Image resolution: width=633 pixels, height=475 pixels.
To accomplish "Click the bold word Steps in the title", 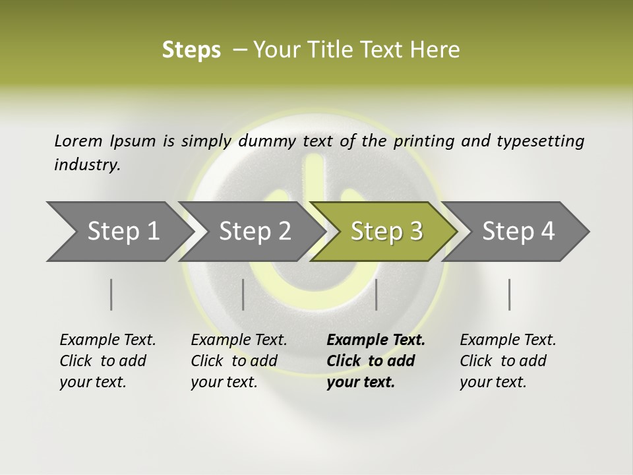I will [191, 50].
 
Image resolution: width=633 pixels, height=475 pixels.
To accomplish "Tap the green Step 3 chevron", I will [386, 232].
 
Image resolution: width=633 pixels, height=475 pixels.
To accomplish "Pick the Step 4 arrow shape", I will [518, 232].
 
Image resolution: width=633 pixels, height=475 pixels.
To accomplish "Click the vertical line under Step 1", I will [111, 294].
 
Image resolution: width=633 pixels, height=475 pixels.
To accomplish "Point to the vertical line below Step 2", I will [243, 294].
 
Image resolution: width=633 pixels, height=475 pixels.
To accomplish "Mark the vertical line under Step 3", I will [377, 294].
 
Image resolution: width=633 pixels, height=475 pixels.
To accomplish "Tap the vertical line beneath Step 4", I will [510, 294].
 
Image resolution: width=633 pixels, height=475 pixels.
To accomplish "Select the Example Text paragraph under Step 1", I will [107, 360].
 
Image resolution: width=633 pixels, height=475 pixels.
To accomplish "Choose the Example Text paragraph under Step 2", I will [239, 360].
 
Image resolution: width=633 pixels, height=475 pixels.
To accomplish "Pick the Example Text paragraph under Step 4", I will [508, 360].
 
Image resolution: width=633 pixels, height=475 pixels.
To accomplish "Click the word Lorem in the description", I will [78, 141].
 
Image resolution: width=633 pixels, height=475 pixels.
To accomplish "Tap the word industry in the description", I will [86, 165].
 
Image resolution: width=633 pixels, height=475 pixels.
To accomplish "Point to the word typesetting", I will [540, 141].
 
